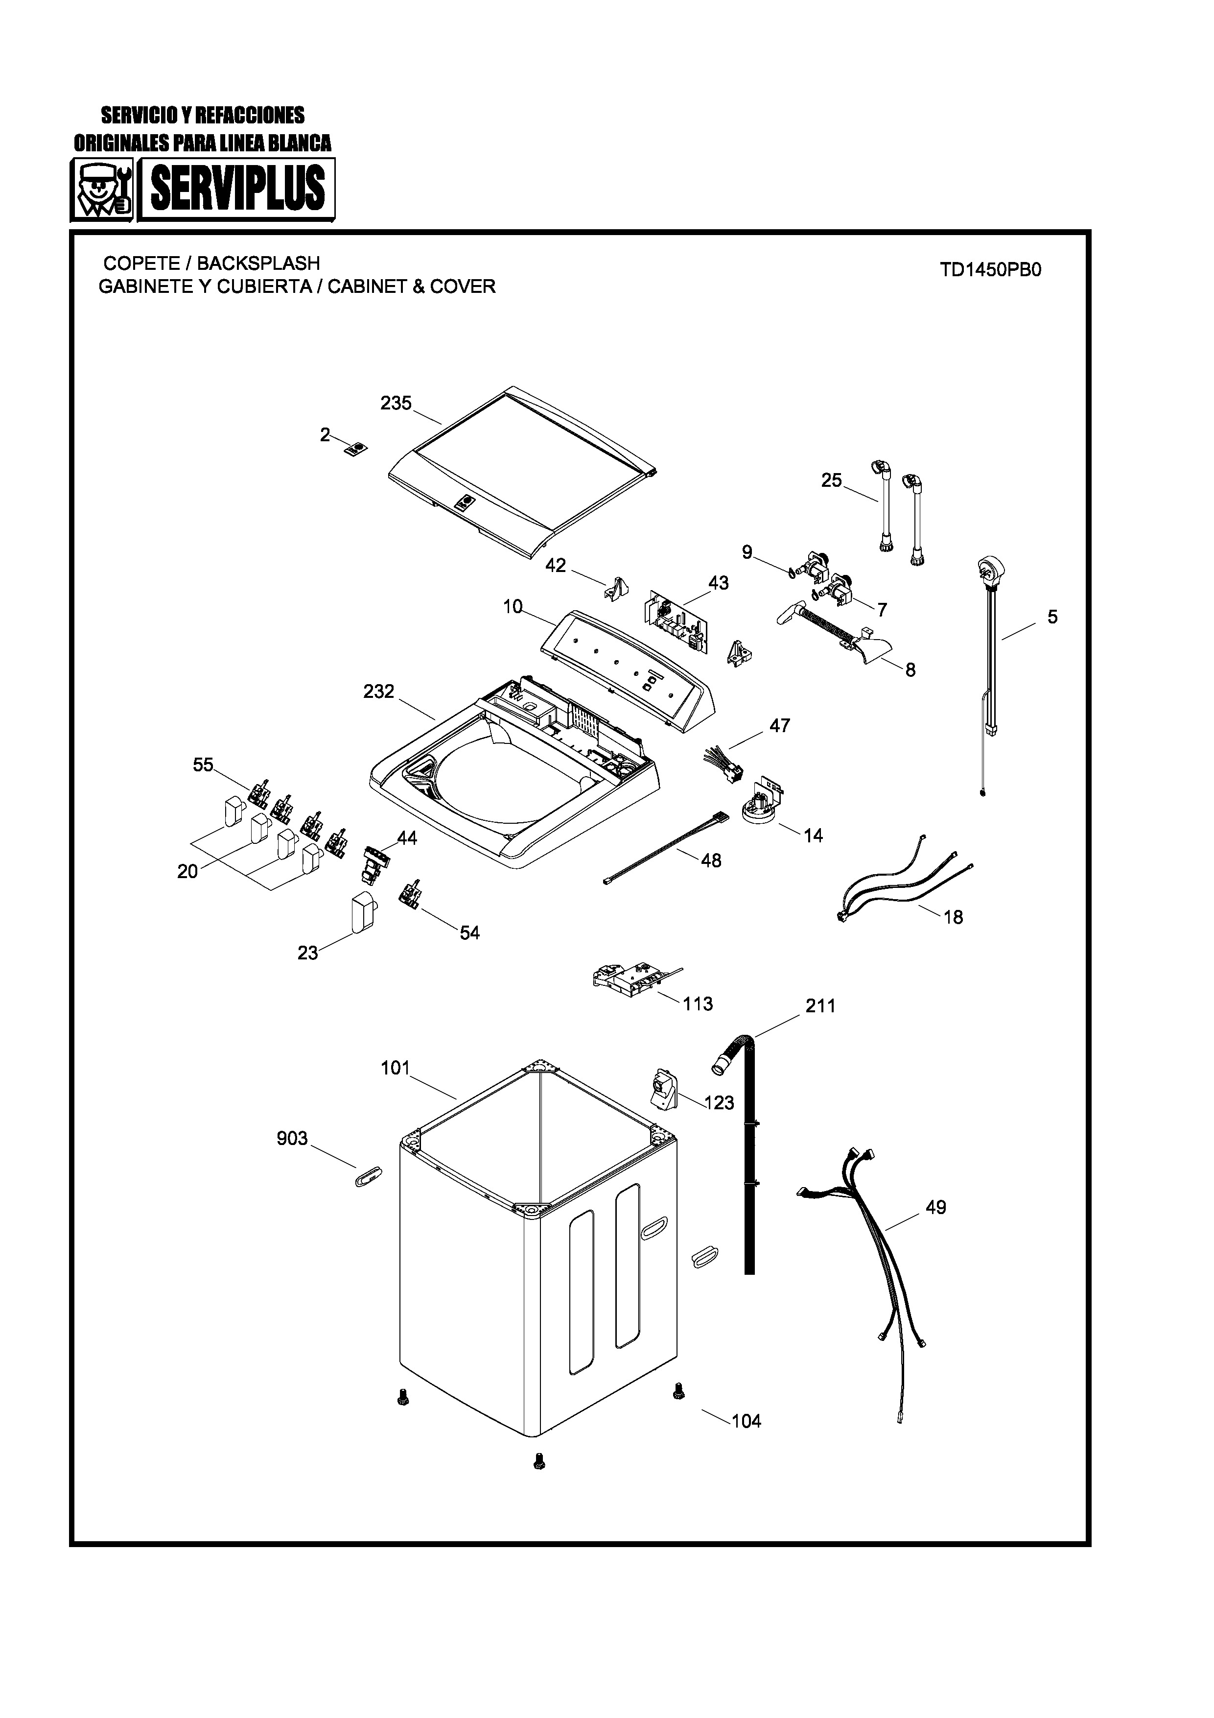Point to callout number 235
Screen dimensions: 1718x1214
pyautogui.click(x=396, y=404)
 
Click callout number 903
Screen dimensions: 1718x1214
pyautogui.click(x=292, y=1138)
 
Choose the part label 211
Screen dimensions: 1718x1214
pyautogui.click(x=820, y=1006)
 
